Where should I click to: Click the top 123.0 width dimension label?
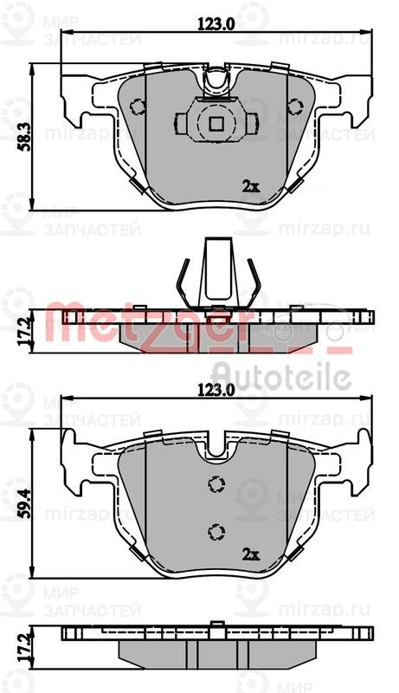click(216, 24)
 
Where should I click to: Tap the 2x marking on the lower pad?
click(250, 553)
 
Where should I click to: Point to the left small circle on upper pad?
click(136, 107)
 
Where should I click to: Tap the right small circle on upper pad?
click(294, 107)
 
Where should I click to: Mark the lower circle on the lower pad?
click(216, 530)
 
